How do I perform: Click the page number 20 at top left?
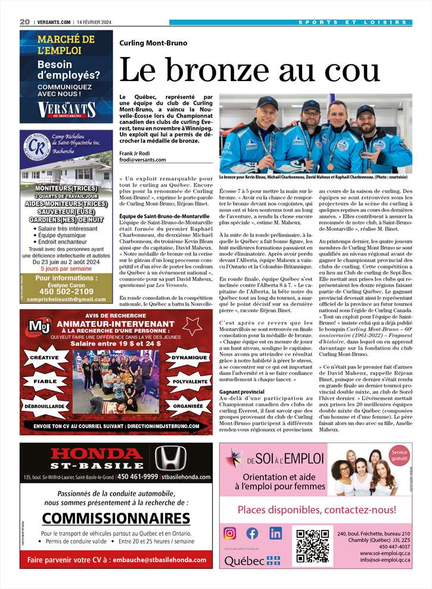pos(24,22)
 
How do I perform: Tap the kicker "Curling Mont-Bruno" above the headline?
pos(153,43)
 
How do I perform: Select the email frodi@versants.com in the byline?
pos(142,159)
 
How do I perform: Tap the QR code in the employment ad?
pos(312,544)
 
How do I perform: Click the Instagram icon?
pos(230,533)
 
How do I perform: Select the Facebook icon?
pos(253,533)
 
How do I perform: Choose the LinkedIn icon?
pos(275,533)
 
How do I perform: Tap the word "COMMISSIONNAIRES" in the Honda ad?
pos(116,518)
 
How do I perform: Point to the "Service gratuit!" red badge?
pos(400,456)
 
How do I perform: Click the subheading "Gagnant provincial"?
pos(242,392)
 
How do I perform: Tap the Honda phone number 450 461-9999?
pos(138,476)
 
